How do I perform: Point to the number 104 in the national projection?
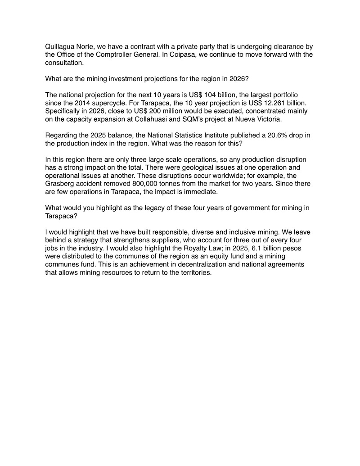[217, 95]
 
